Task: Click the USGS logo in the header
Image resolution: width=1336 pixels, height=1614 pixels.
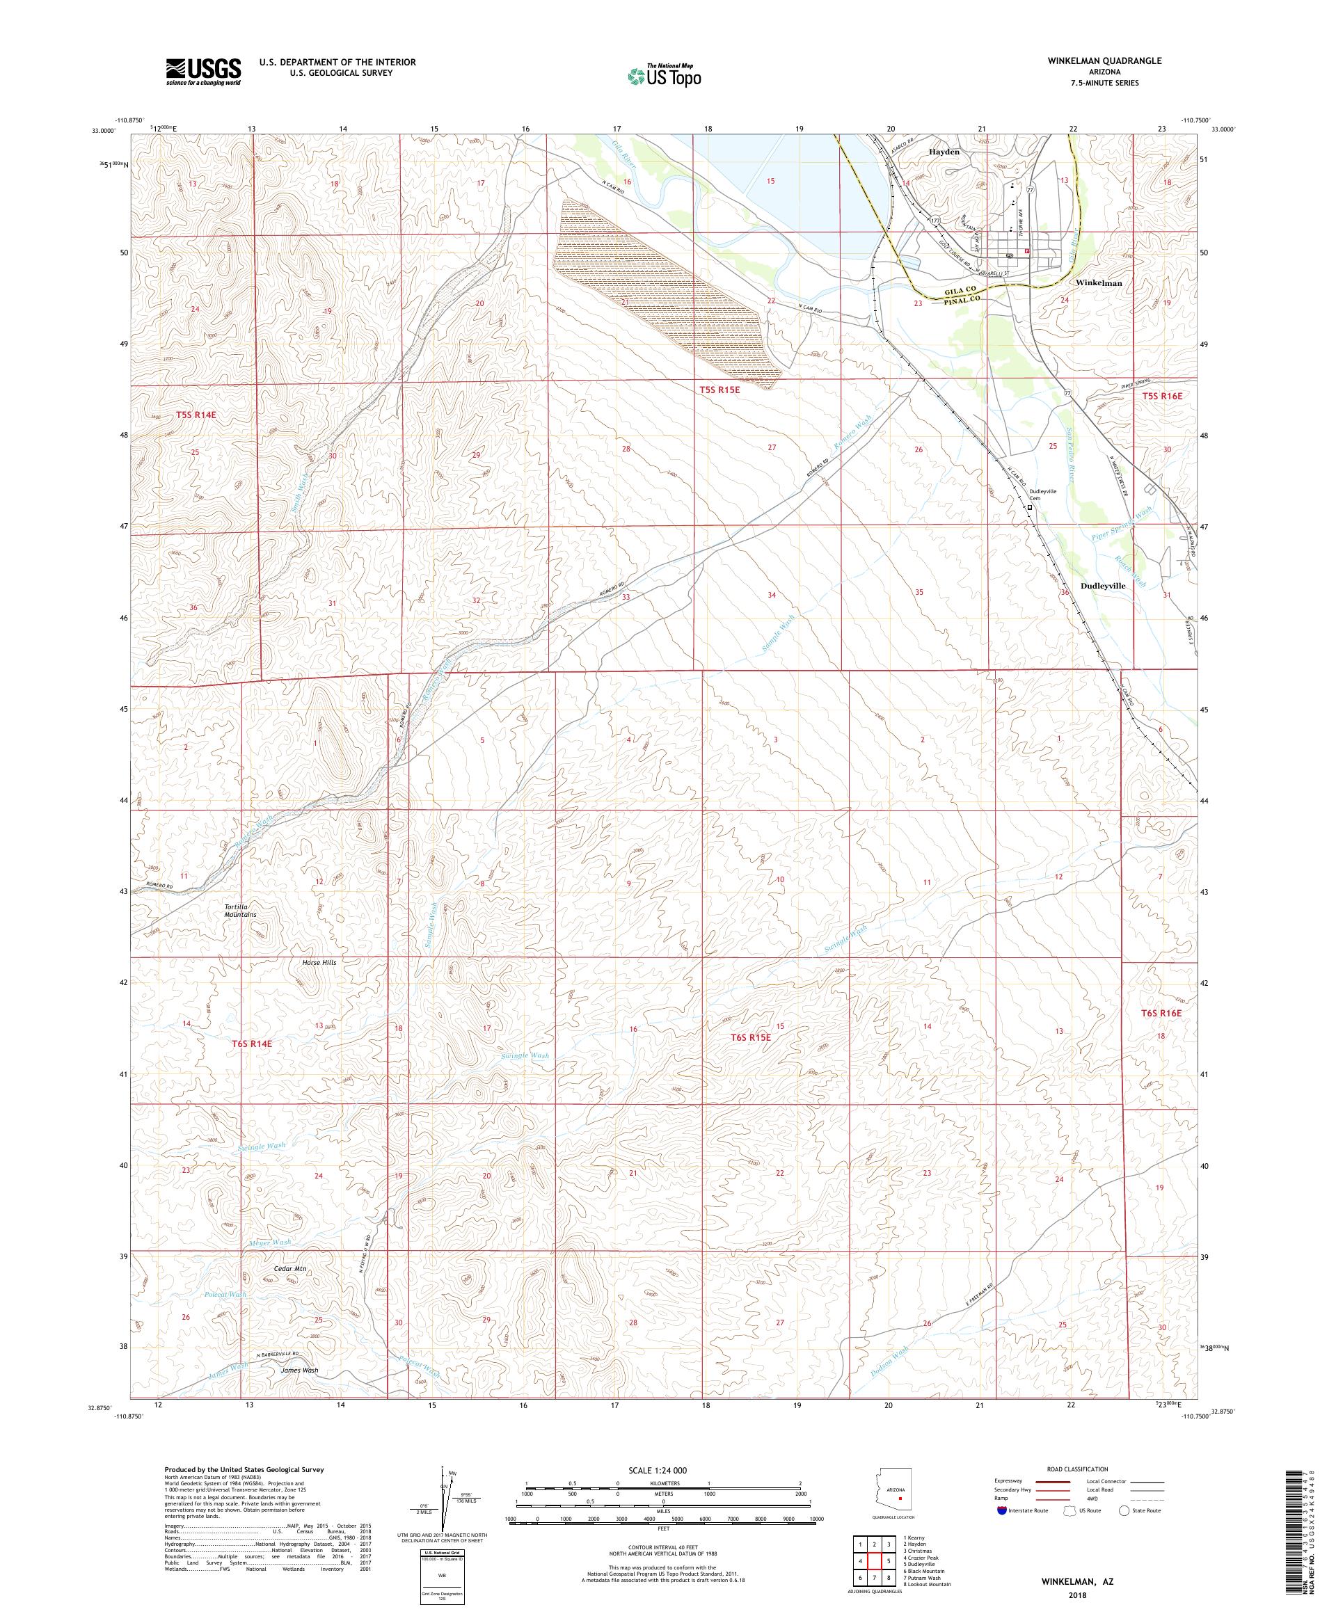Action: pos(203,72)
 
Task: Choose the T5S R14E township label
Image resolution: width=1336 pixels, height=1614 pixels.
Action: pos(196,415)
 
